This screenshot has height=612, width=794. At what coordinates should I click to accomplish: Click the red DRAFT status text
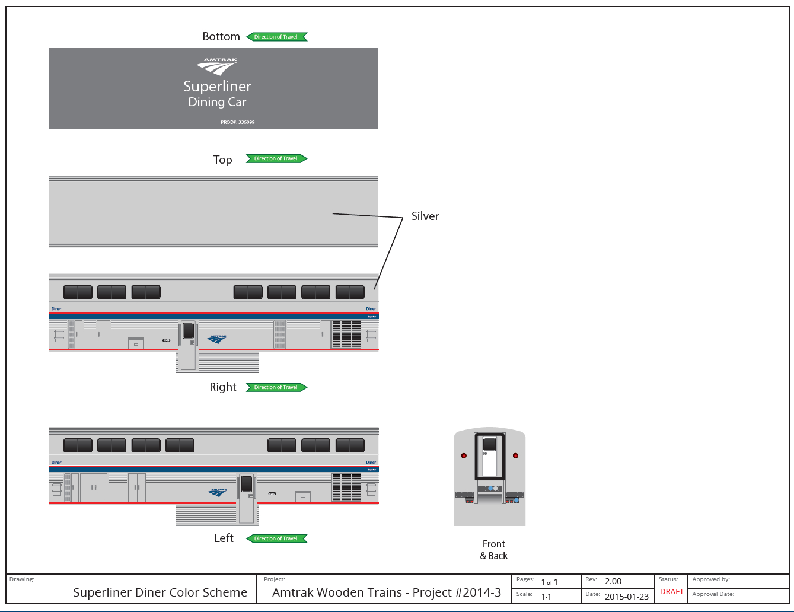(672, 592)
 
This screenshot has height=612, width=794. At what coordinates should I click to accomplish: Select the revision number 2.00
(613, 581)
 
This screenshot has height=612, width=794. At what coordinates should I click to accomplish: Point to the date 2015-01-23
(626, 597)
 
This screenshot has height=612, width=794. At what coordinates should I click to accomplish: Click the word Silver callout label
(425, 216)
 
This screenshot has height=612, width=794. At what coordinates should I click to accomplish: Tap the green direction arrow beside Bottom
(277, 37)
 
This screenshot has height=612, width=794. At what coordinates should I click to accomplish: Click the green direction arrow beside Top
(277, 158)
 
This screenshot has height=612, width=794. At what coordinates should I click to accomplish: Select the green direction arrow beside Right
(277, 387)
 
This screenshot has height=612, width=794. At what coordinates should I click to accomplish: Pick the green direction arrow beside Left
(277, 538)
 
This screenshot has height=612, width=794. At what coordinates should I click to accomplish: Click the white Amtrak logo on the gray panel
(218, 66)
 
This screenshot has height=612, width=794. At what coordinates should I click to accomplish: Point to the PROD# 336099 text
(238, 122)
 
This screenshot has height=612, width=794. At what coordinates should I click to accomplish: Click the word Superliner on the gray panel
(217, 87)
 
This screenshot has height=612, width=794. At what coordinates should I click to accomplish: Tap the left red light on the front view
(464, 455)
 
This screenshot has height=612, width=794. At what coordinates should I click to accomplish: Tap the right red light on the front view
(515, 455)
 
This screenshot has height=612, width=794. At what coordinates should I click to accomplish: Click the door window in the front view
(489, 444)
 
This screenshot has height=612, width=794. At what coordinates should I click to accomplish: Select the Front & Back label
(494, 550)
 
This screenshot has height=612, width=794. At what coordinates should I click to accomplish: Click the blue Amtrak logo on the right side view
(218, 339)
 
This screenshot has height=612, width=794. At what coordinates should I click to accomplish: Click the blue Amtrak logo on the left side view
(218, 492)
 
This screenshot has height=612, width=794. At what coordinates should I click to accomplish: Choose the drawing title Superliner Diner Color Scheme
(160, 592)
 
